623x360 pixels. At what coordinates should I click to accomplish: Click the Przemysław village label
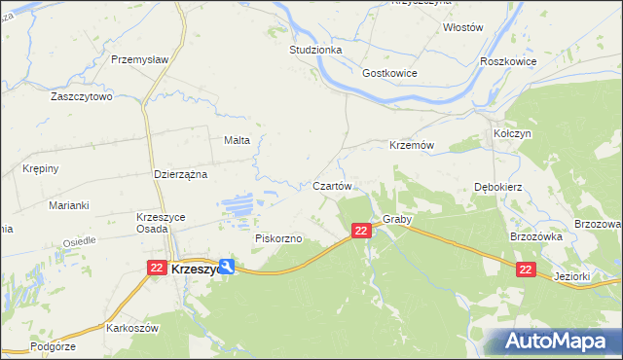140,59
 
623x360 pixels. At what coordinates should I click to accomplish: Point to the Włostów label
462,28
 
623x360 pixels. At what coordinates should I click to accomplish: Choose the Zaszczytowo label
83,97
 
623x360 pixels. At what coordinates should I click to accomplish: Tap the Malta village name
238,140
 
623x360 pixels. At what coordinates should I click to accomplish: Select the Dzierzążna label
182,174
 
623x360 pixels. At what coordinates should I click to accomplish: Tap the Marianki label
69,205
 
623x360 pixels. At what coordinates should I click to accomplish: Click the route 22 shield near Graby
361,231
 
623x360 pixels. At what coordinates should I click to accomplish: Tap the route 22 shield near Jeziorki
526,270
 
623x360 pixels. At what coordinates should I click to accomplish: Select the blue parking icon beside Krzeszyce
227,266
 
